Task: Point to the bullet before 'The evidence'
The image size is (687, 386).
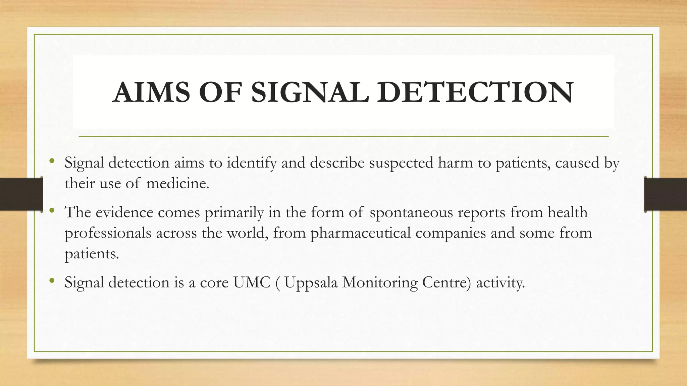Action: (x=51, y=210)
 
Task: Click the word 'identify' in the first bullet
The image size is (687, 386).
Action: (x=252, y=163)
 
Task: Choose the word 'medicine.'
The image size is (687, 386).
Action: (x=178, y=183)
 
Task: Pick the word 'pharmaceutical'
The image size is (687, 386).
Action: (x=361, y=233)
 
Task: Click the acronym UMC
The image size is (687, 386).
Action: (x=252, y=282)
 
